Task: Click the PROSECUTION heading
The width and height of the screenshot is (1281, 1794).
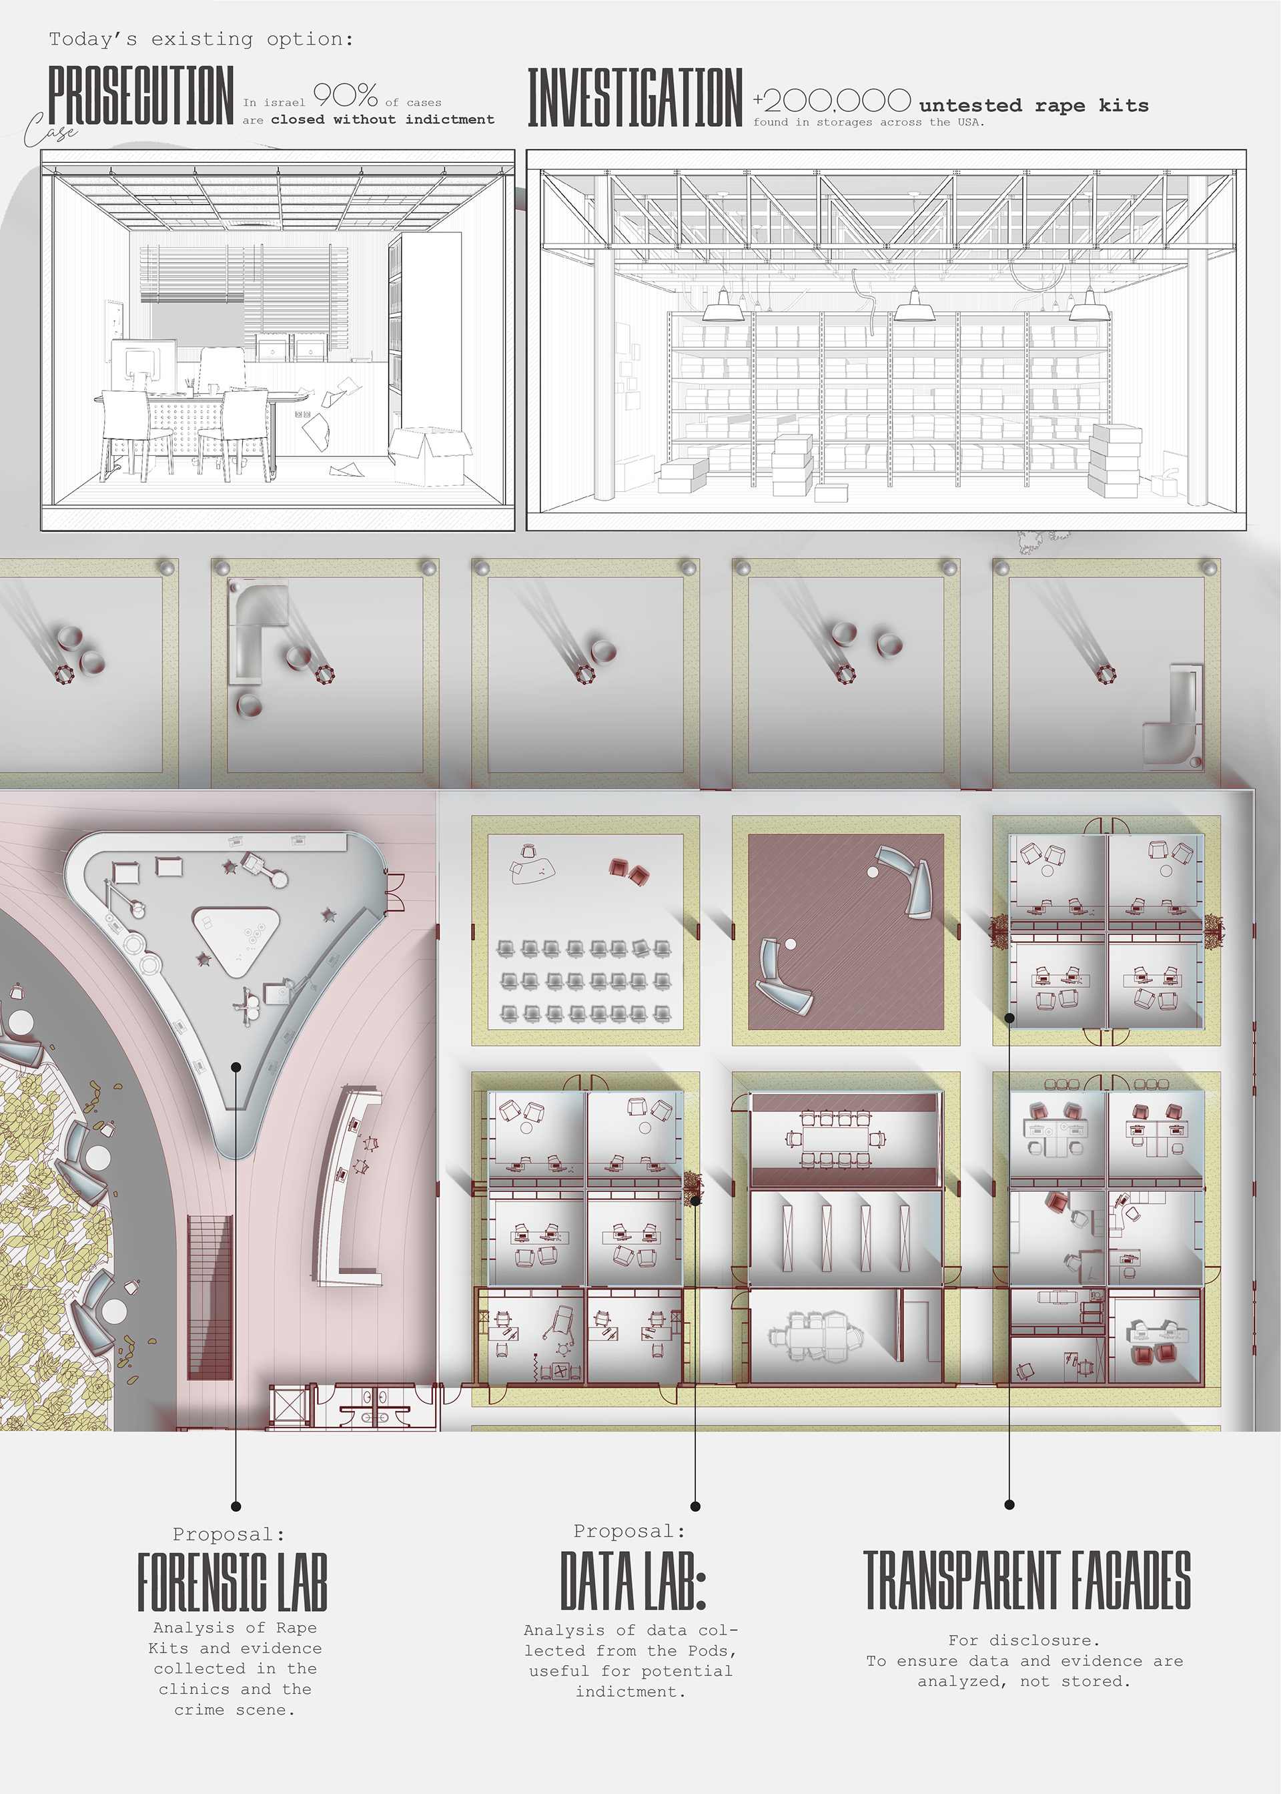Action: [141, 95]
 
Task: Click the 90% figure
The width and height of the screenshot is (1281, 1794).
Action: [346, 95]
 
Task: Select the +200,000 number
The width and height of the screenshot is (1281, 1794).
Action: [832, 100]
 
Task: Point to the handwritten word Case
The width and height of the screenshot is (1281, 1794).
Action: [51, 129]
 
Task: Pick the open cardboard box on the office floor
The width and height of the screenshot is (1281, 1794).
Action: [430, 455]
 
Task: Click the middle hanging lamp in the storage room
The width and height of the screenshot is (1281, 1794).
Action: [914, 306]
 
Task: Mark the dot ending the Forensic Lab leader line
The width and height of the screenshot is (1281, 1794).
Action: [236, 1506]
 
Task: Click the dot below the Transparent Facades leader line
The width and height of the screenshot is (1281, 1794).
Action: [1009, 1504]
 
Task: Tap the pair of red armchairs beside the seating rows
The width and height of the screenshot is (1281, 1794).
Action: [628, 871]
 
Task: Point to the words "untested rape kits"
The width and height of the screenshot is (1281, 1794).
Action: [1034, 105]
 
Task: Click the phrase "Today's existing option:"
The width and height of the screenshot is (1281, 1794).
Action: [201, 39]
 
